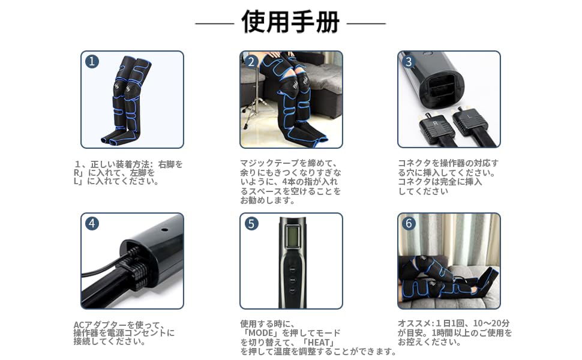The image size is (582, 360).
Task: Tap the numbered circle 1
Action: [x=92, y=61]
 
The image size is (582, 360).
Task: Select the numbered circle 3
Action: [x=409, y=61]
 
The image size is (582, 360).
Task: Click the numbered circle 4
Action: [x=92, y=223]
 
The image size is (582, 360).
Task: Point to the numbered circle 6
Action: [x=409, y=223]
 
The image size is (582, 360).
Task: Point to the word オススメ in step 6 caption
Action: [x=415, y=324]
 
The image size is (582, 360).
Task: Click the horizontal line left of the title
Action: [x=214, y=23]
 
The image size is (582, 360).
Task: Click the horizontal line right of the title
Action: [x=367, y=23]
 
